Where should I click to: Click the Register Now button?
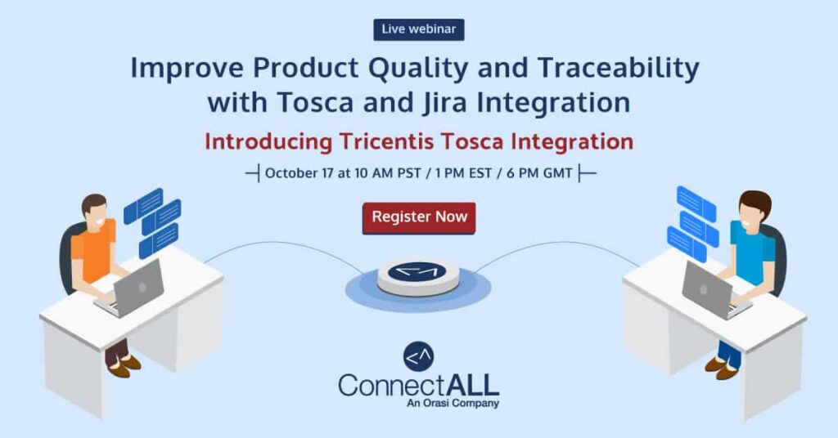click(x=419, y=217)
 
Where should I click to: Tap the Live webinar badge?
click(x=419, y=29)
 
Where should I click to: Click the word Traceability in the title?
click(x=619, y=69)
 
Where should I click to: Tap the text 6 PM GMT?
click(x=539, y=173)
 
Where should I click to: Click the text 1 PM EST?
click(x=463, y=173)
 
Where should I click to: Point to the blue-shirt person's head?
click(x=754, y=209)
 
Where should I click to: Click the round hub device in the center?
click(x=418, y=277)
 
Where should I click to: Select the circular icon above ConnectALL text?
click(x=418, y=356)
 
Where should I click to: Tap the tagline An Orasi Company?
click(x=453, y=404)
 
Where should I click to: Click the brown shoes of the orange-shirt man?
click(x=124, y=367)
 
